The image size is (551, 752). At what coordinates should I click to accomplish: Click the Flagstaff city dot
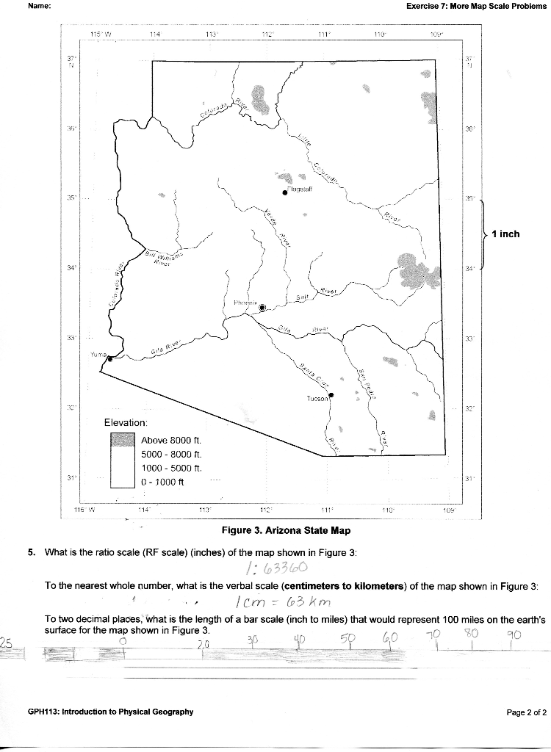(x=285, y=192)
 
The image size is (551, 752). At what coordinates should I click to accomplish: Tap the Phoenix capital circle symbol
(x=263, y=308)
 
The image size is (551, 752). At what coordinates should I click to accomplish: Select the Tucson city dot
(x=331, y=395)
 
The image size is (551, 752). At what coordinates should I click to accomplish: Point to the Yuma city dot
(x=109, y=358)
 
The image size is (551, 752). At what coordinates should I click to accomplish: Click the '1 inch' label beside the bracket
(x=505, y=234)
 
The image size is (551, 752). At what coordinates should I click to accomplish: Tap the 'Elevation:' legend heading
(x=126, y=423)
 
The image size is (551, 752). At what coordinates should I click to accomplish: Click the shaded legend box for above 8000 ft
(x=123, y=440)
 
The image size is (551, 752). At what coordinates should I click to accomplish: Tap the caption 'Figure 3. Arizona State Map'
(x=286, y=530)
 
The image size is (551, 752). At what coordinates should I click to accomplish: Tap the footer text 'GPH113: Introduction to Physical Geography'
(x=111, y=712)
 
